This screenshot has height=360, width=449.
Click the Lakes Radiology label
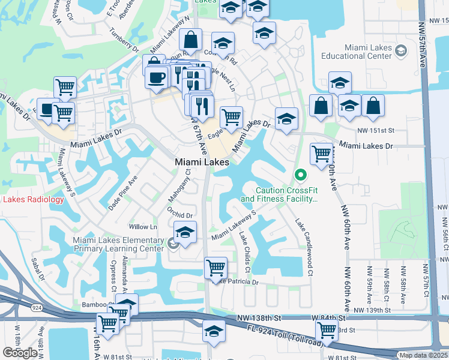[31, 199]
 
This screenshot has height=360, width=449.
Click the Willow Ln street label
[143, 227]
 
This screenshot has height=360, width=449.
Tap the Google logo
[20, 353]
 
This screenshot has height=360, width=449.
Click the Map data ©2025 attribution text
[423, 355]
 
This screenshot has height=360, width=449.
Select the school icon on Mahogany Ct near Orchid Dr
[185, 232]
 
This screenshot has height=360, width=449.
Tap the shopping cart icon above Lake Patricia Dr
[215, 267]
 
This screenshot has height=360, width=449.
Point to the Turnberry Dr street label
[124, 40]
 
